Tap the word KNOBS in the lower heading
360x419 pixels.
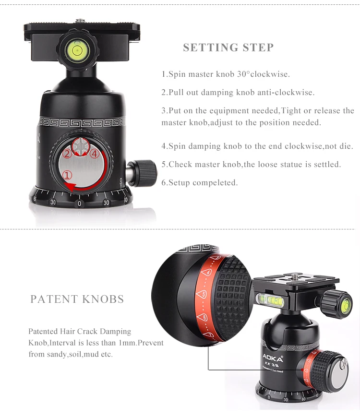tap(103, 299)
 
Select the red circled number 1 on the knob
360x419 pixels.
tap(67, 175)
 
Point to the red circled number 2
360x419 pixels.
tap(67, 154)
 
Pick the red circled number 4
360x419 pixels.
tap(95, 154)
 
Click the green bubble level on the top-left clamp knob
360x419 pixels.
tap(77, 50)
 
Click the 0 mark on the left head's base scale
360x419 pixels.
tap(79, 204)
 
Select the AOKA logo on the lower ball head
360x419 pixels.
tap(272, 358)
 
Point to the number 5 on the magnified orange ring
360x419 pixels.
tap(204, 294)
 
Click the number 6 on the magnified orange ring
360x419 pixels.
tap(204, 317)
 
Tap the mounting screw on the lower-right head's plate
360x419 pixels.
tap(295, 275)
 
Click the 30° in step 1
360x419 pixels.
tap(243, 74)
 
